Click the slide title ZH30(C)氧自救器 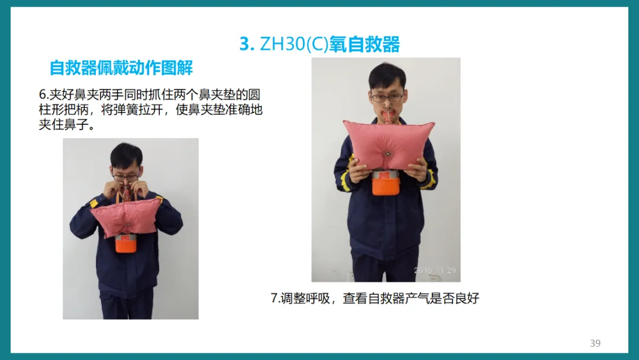[x=330, y=44]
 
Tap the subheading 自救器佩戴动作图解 [x=121, y=67]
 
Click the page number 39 [x=595, y=343]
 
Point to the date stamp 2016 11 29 [x=435, y=271]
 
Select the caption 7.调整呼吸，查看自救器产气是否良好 [x=375, y=298]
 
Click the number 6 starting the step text [x=42, y=95]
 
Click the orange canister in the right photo [x=385, y=182]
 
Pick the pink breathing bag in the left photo [x=127, y=217]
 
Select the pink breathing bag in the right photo [x=388, y=144]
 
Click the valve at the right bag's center [x=388, y=154]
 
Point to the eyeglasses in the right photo [x=387, y=98]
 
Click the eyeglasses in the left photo [x=126, y=177]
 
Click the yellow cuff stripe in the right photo [x=428, y=181]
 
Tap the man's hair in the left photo [x=127, y=155]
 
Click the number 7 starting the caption [x=274, y=298]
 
